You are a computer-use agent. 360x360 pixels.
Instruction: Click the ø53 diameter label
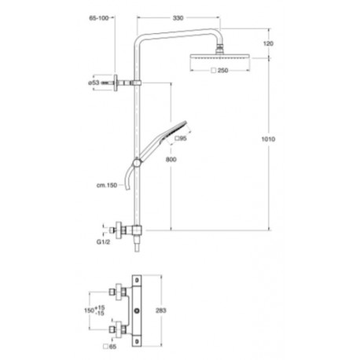coord(94,82)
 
